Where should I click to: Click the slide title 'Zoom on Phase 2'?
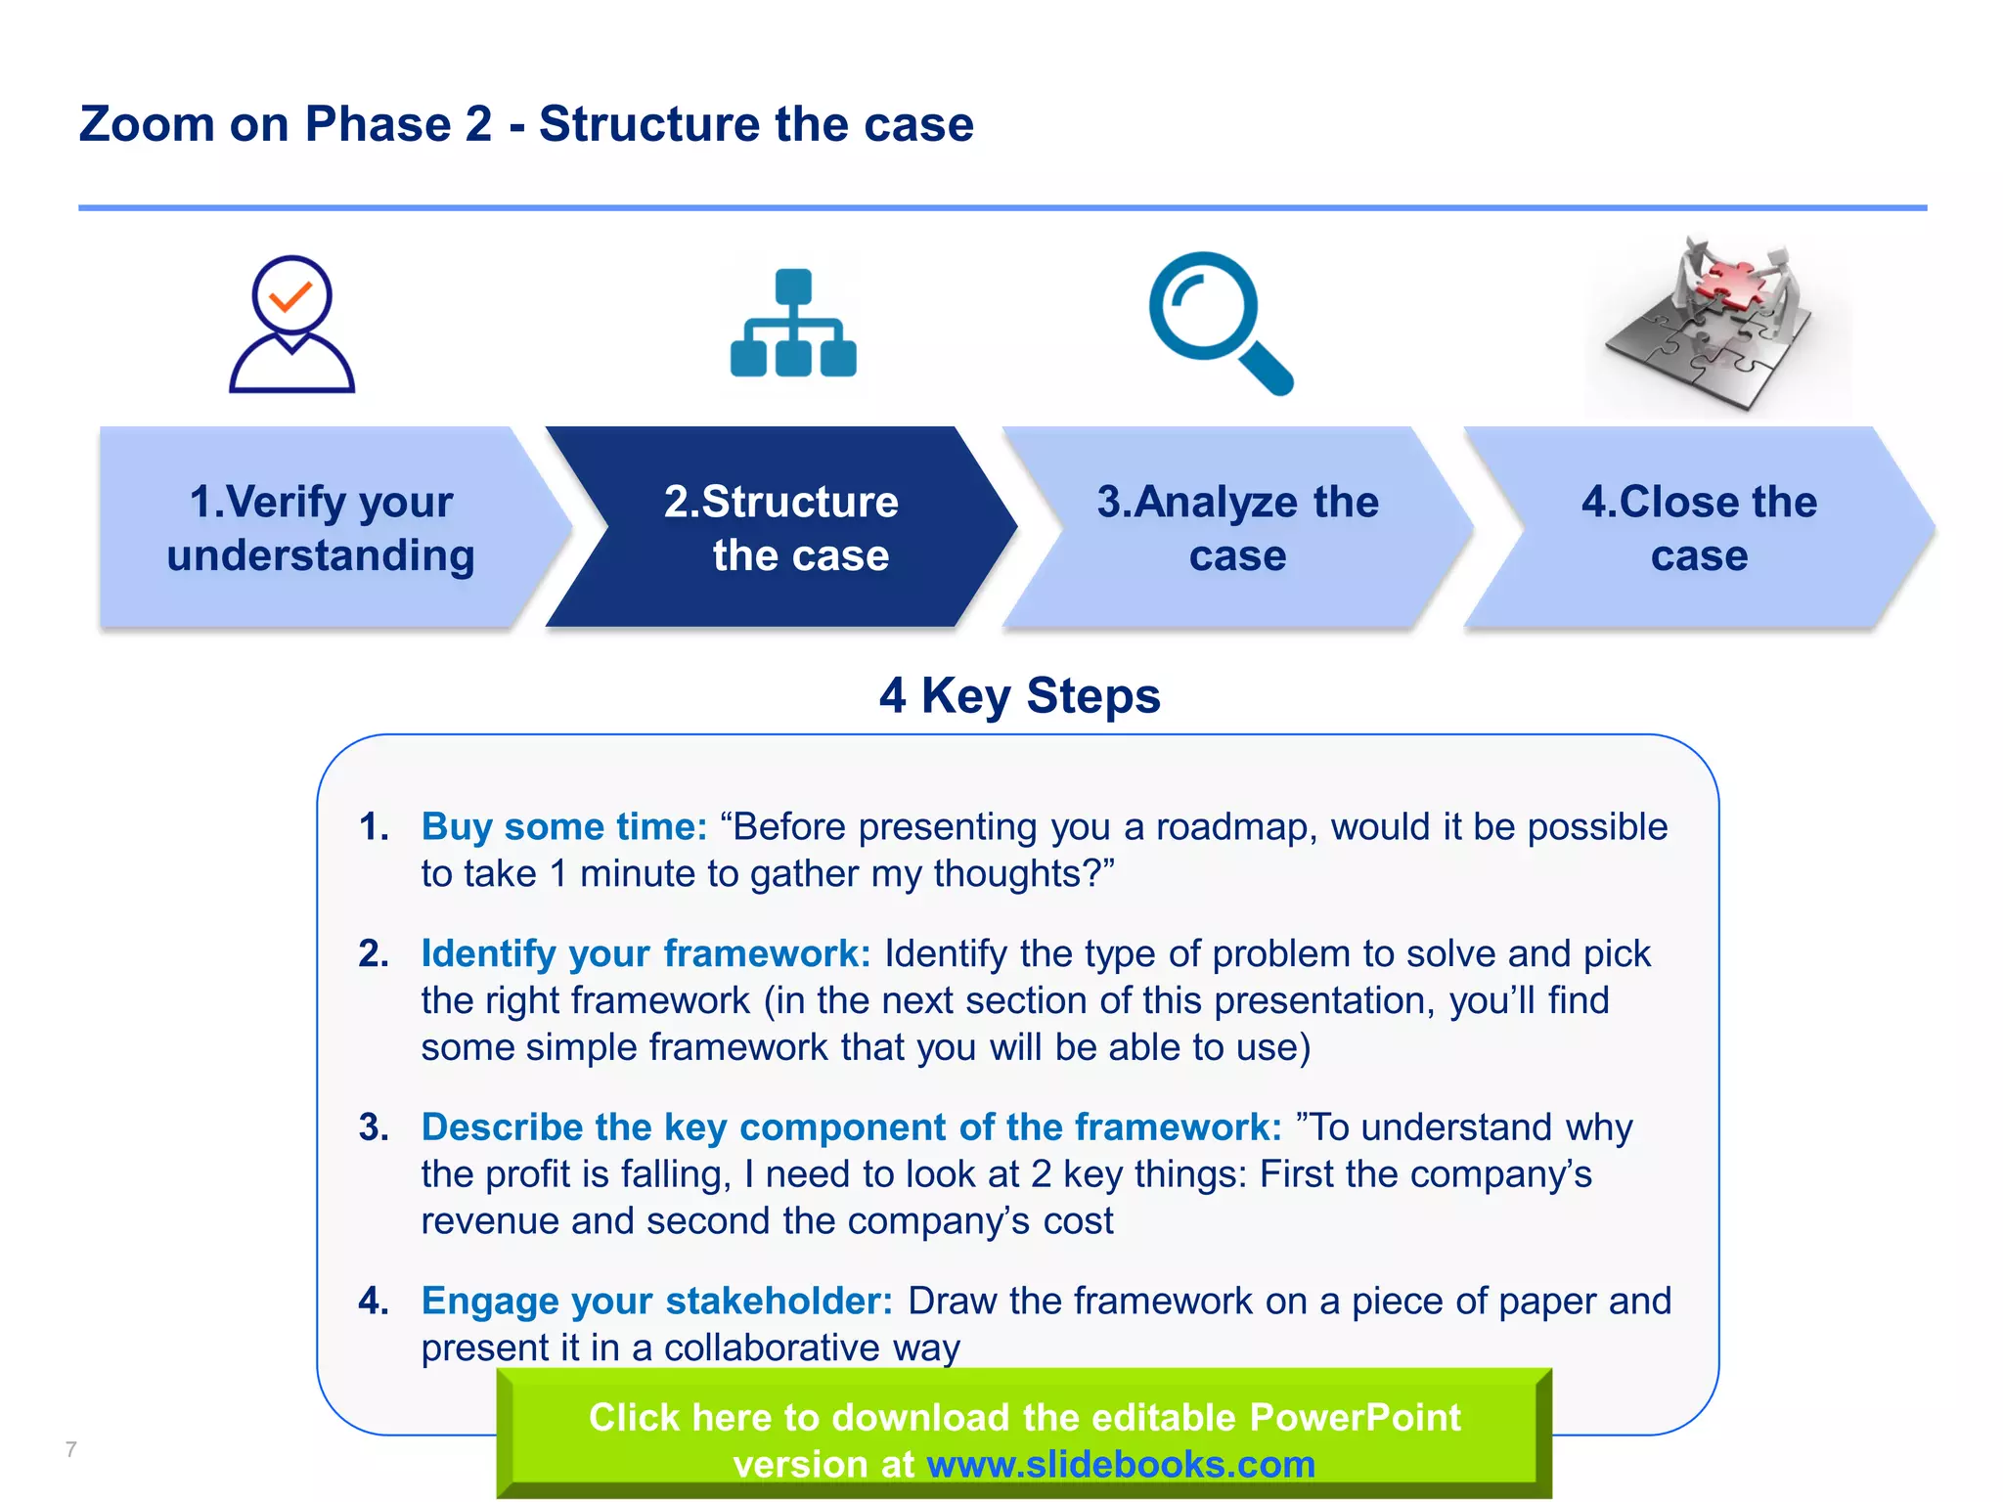coord(526,124)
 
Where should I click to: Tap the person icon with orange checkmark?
coord(291,325)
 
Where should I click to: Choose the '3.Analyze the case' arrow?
coord(1237,528)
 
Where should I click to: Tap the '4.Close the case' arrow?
coord(1699,528)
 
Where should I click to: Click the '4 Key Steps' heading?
coord(1019,696)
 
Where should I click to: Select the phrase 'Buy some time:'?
coord(564,827)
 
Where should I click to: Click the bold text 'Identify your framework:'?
coord(645,953)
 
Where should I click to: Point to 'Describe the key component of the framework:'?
coord(851,1127)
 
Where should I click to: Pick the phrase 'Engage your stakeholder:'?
coord(657,1302)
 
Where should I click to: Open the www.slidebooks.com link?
coord(1121,1465)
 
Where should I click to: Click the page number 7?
coord(70,1449)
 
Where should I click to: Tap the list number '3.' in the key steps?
coord(374,1127)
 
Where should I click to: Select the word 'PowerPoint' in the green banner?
coord(1355,1418)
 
